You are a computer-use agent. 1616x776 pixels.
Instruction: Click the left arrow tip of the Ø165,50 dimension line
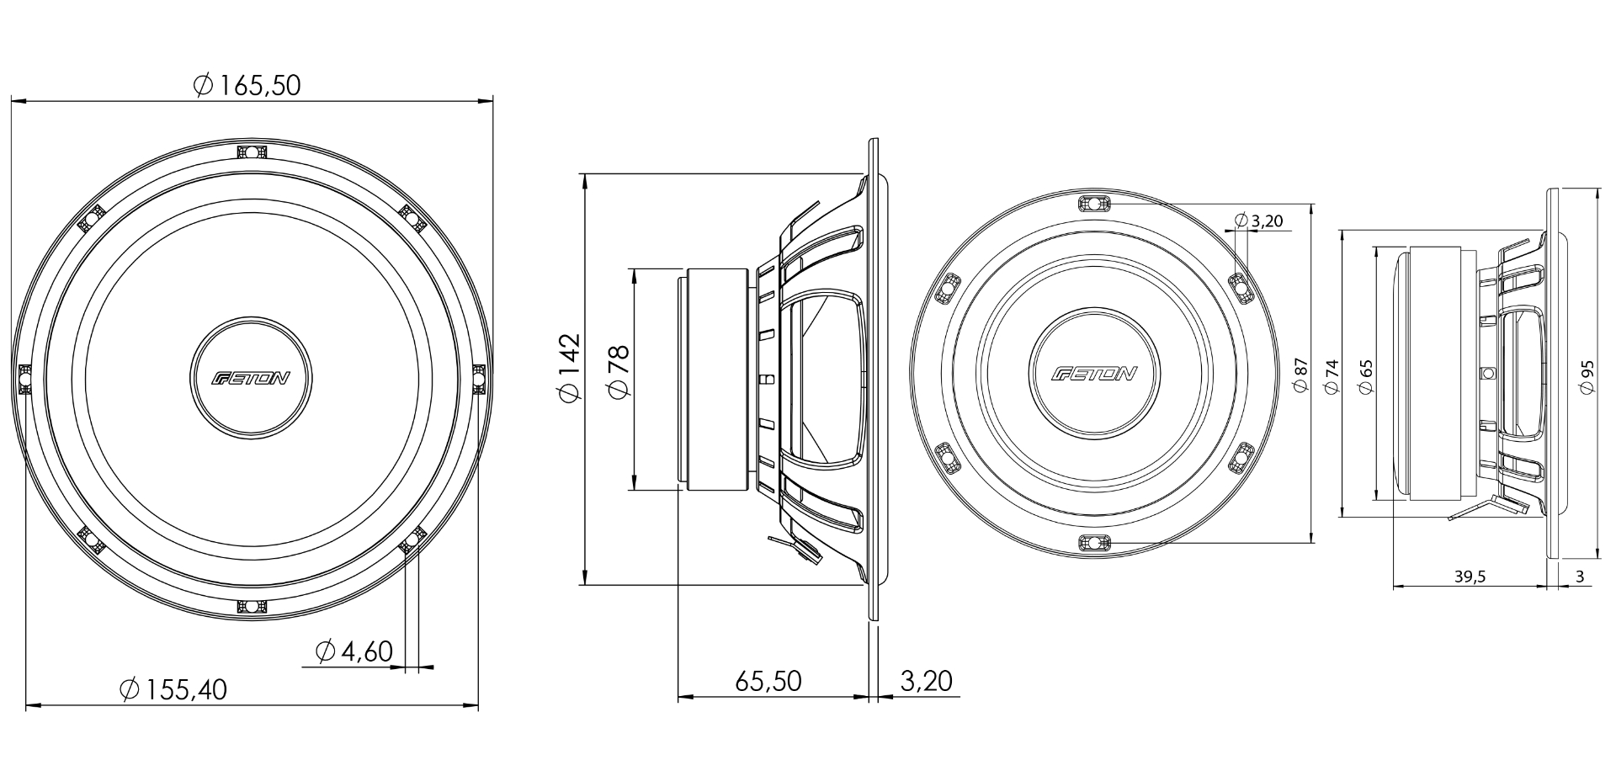[11, 102]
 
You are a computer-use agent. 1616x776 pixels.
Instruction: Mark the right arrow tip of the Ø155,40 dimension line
[478, 705]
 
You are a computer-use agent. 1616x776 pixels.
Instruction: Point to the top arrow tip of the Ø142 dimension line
[584, 174]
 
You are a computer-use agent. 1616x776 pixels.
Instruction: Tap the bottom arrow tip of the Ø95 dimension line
[1597, 557]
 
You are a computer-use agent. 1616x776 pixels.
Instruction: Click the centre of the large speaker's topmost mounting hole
[251, 152]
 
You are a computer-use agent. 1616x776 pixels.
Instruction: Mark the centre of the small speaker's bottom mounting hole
[1092, 542]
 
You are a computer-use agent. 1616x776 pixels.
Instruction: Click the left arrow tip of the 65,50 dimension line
[678, 697]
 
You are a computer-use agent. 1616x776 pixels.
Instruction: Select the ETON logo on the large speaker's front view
[251, 378]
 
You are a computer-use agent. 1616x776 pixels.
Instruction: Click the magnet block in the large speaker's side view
[718, 379]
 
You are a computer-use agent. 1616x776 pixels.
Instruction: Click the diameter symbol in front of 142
[569, 392]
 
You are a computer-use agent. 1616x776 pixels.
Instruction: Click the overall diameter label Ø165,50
[247, 85]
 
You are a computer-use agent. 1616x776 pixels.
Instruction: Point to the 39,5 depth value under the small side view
[1470, 577]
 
